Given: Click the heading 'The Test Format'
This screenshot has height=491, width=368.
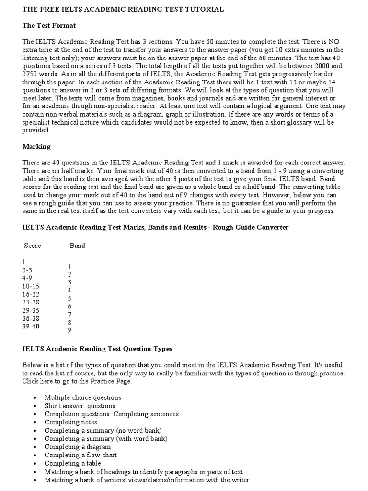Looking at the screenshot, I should (x=49, y=25).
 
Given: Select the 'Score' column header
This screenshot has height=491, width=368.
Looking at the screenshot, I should (x=33, y=245).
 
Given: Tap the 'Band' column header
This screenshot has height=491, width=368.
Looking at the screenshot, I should (x=78, y=245).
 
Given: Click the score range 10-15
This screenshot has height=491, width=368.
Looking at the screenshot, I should (x=31, y=286).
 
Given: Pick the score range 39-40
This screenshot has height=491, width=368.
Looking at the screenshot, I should (x=31, y=327).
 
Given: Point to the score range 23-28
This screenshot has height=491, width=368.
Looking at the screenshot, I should (x=31, y=303).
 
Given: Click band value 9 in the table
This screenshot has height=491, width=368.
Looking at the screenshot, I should (x=69, y=330).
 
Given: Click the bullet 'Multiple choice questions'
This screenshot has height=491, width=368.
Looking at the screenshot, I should (x=83, y=397).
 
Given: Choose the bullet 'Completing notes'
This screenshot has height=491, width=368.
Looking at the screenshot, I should (x=71, y=422).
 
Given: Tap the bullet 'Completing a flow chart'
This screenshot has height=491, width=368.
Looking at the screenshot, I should (x=80, y=455).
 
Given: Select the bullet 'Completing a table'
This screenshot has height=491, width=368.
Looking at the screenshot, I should (x=73, y=463).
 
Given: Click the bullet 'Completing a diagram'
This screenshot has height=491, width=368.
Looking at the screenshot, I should (x=78, y=446).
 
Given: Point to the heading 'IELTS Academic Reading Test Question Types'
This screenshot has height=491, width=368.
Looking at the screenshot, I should (x=97, y=349).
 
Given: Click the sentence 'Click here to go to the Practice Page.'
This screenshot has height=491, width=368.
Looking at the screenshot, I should (x=77, y=381).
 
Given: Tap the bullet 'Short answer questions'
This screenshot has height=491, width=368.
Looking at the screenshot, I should (x=80, y=406).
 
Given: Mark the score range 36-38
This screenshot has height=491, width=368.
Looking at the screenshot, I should (x=31, y=318).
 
